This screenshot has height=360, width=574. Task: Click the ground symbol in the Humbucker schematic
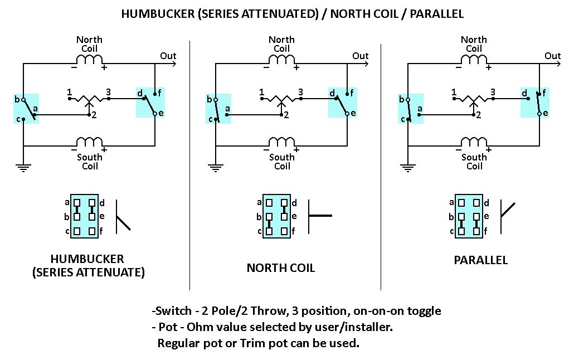point(23,168)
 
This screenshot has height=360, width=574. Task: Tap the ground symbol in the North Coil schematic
point(215,168)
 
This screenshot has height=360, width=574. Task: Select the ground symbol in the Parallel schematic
point(408,168)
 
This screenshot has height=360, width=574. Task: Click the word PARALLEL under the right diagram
point(480,260)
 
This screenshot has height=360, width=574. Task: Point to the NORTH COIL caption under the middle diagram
point(281,267)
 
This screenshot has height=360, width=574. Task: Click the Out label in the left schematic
point(168,56)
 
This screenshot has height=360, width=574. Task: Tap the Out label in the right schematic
point(552,56)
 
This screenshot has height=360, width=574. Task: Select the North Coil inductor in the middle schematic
point(281,59)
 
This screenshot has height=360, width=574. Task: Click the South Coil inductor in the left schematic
point(89,142)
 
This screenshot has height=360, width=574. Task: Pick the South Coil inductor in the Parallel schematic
point(474,142)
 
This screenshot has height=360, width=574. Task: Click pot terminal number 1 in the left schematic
point(69,92)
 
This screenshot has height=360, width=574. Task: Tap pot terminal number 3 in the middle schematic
point(300,92)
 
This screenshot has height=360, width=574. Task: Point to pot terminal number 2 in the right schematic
point(479,115)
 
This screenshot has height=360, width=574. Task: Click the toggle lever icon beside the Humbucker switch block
point(123,217)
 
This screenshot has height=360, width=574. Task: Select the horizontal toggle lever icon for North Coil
point(320,216)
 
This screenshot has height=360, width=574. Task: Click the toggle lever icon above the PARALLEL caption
point(507,217)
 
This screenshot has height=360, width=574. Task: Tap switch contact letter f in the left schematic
point(159,93)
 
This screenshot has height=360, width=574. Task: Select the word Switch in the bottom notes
point(173,310)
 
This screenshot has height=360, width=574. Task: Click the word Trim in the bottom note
point(252,343)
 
